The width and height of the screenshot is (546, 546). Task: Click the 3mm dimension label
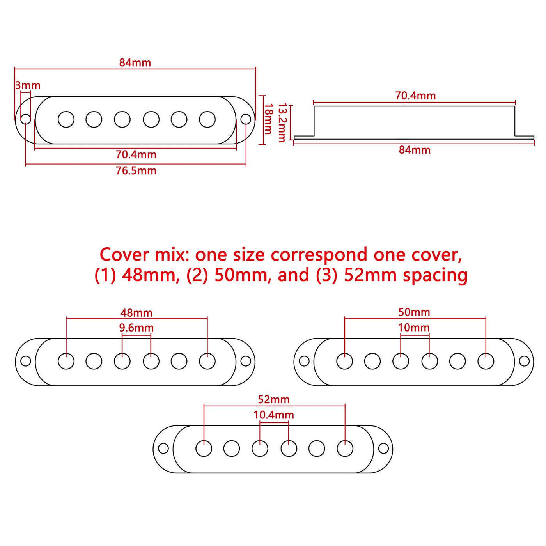(28, 85)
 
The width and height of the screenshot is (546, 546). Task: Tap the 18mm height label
(268, 119)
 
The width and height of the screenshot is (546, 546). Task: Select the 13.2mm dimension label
(282, 123)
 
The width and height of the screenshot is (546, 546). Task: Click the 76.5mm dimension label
(136, 171)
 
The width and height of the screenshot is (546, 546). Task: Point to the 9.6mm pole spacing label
(136, 328)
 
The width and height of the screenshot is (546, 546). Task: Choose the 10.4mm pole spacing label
(274, 415)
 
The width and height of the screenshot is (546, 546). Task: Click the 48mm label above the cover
(136, 313)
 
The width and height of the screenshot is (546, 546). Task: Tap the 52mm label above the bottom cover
(274, 400)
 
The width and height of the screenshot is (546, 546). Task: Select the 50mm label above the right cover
(414, 312)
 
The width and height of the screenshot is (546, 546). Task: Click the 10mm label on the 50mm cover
(414, 328)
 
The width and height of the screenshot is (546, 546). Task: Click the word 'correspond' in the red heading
(319, 255)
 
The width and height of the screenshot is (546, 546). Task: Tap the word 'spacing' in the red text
(435, 275)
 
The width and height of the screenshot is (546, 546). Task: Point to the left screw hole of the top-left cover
(26, 119)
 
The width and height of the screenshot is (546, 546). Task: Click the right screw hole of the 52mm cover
(383, 448)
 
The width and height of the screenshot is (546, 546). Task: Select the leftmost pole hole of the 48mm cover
(66, 361)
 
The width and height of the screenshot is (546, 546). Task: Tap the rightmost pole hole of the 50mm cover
(486, 361)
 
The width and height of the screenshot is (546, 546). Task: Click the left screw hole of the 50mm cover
(304, 361)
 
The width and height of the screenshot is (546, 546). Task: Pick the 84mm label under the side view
(415, 150)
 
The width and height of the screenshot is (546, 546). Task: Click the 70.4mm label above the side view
(415, 96)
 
